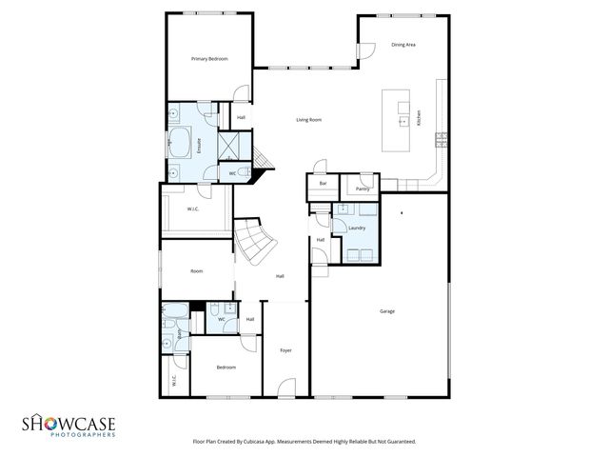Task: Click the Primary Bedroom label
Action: tap(209, 59)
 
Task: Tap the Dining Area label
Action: tap(403, 44)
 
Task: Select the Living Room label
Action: tap(308, 119)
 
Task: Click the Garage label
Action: tap(387, 311)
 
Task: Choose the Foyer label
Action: tap(285, 350)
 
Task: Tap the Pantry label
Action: tap(363, 189)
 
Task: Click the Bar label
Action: tap(324, 183)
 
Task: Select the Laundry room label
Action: tap(357, 228)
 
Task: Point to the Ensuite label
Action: tap(199, 147)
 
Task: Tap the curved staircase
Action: tap(254, 242)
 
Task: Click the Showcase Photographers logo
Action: tap(69, 425)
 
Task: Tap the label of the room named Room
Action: tap(197, 271)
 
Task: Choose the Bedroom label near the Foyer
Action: tap(226, 368)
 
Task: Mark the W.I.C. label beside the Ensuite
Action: tap(192, 209)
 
